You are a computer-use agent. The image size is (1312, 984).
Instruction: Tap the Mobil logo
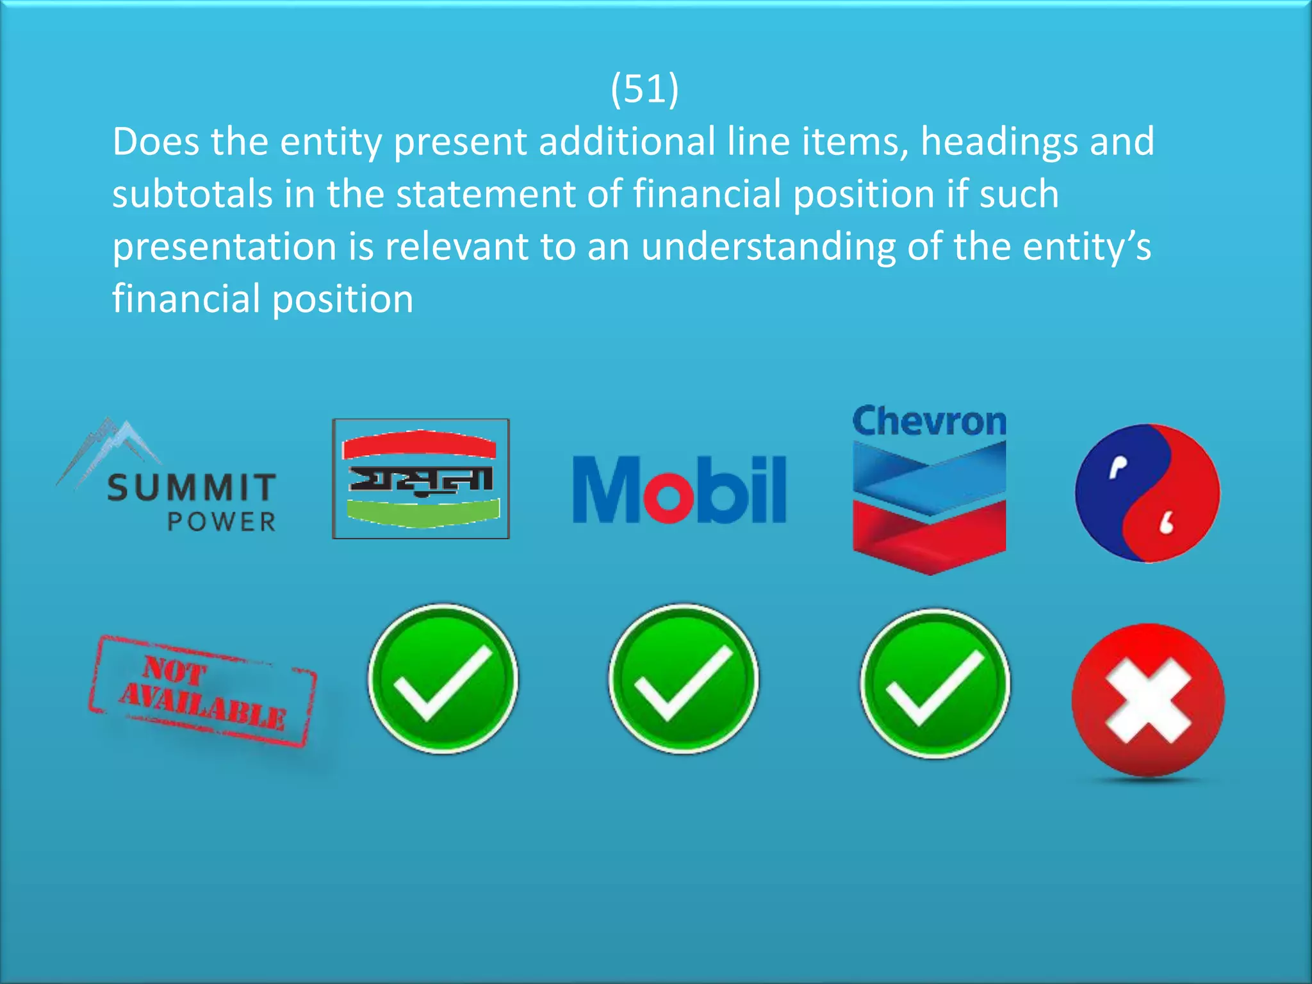click(x=679, y=489)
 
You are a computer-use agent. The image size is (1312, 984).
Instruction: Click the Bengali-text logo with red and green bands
click(x=421, y=479)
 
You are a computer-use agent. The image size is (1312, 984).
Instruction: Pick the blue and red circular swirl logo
click(x=1147, y=493)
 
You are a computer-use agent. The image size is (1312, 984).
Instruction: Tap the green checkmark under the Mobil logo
click(x=684, y=679)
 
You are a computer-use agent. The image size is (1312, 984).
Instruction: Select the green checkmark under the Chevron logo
click(x=935, y=683)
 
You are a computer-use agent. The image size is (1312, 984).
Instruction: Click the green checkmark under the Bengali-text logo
click(x=443, y=679)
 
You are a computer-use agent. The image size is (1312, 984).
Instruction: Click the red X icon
click(x=1148, y=700)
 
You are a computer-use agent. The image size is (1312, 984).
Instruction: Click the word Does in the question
click(x=156, y=142)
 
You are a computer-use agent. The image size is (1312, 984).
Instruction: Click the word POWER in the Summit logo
click(x=222, y=522)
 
